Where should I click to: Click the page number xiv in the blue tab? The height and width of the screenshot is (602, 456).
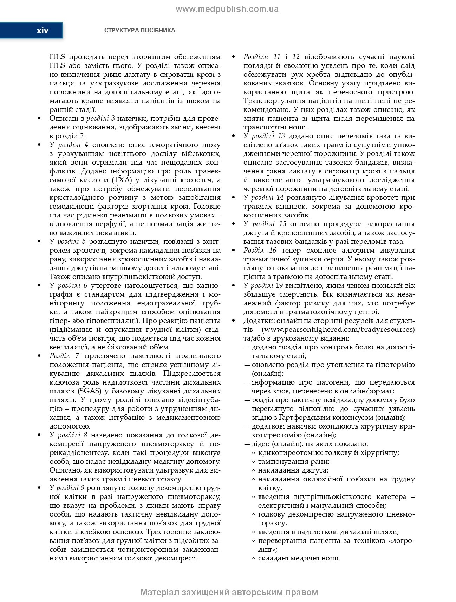click(43, 31)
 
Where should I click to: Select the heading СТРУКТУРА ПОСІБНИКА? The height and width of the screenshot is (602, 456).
click(139, 31)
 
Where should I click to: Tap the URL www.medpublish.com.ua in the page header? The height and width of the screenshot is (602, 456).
click(227, 9)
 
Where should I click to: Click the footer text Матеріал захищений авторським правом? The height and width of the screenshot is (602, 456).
click(229, 592)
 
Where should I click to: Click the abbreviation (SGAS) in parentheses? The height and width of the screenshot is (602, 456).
click(84, 391)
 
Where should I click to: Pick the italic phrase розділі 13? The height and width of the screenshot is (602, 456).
click(268, 136)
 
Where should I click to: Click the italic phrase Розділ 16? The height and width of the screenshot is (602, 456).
click(260, 251)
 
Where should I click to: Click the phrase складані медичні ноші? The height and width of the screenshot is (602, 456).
click(299, 558)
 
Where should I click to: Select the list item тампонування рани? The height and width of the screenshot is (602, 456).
click(294, 462)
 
